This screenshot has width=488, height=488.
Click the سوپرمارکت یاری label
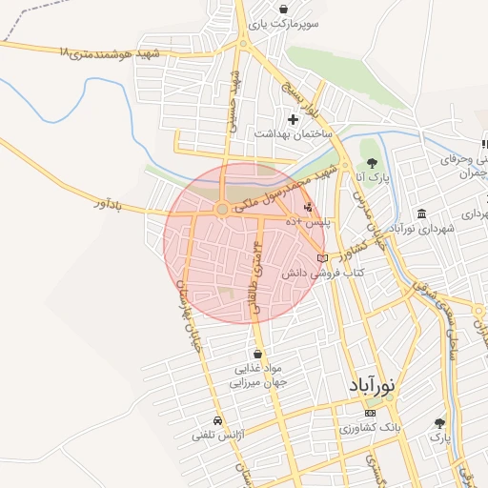click(x=284, y=23)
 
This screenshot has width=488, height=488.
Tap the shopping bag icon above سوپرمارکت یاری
click(x=284, y=8)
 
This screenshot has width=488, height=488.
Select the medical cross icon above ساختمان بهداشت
click(x=293, y=119)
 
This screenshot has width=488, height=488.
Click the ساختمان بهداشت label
click(x=293, y=134)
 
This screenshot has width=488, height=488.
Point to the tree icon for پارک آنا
click(x=373, y=162)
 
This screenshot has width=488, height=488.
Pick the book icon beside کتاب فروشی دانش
click(x=323, y=257)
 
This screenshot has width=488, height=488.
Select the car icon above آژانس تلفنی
click(x=218, y=420)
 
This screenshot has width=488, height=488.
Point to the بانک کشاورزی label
click(x=371, y=429)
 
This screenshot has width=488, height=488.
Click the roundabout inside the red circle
click(x=222, y=209)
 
